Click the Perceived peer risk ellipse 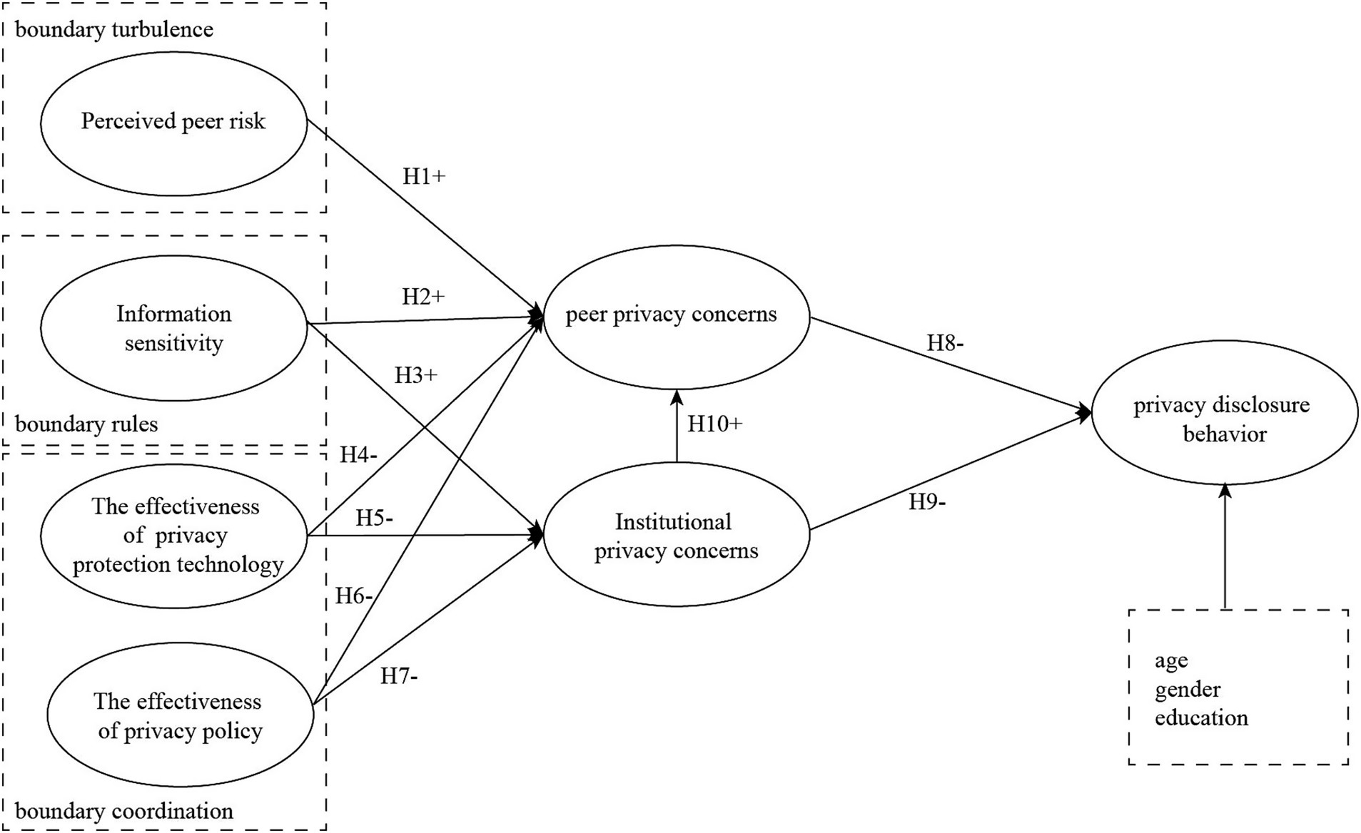(173, 122)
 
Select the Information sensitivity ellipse (173, 328)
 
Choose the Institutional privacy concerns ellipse (676, 536)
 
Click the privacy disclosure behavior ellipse (1223, 419)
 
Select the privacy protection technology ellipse (176, 536)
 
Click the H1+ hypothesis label (424, 177)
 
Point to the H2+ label (423, 297)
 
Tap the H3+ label (415, 375)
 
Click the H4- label (358, 455)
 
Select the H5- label (374, 518)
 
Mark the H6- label (354, 596)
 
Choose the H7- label (398, 676)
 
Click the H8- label (945, 344)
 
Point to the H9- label (926, 503)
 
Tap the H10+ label (714, 424)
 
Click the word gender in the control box (1188, 690)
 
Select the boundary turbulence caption (114, 30)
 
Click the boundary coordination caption (124, 812)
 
